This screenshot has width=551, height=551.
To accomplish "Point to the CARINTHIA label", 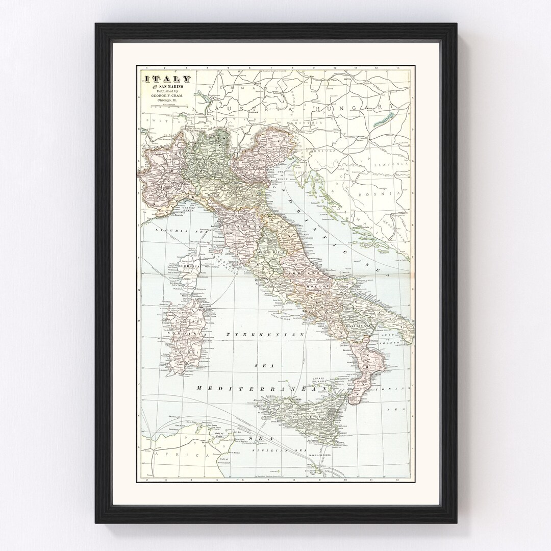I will pos(309,122).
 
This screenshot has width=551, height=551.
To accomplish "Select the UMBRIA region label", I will pos(270,253).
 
